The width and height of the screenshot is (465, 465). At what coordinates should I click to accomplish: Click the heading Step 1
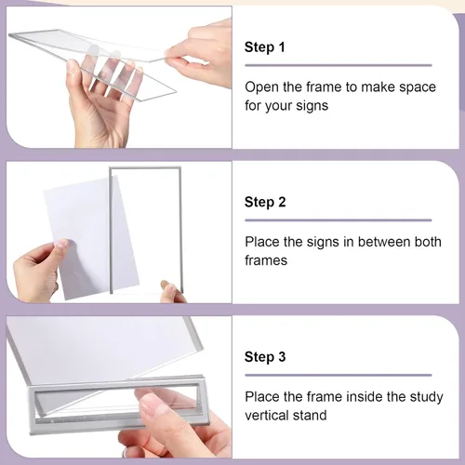[264, 47]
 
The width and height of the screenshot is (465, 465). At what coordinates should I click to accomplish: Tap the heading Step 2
[265, 202]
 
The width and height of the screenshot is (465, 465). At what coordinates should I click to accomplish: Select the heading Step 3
[265, 357]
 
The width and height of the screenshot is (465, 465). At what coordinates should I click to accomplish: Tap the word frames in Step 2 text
[266, 260]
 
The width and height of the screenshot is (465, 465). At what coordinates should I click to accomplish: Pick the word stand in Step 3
[312, 416]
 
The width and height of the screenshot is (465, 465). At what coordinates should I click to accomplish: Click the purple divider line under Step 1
[339, 65]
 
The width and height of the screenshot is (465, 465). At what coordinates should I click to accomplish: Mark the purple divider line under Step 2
[339, 220]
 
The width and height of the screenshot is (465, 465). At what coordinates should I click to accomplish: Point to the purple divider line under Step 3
[339, 375]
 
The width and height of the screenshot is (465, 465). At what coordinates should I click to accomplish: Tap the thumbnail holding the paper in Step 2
[62, 244]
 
